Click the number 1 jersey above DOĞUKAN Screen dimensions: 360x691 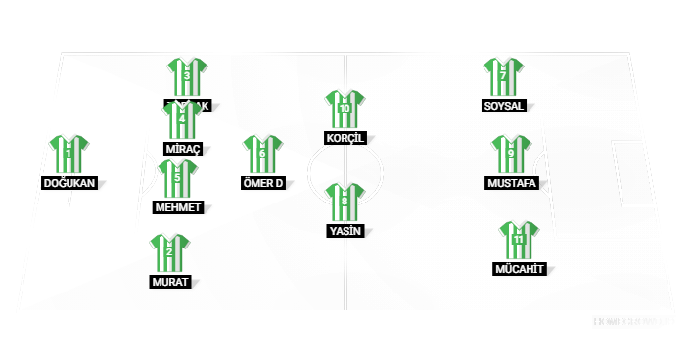[x=69, y=155]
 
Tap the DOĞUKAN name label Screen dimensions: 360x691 [x=69, y=183]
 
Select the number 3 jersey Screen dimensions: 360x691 [x=187, y=76]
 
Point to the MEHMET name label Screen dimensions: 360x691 [x=178, y=207]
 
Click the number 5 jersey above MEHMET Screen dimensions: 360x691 [x=178, y=179]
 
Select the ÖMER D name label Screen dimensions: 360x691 [x=262, y=183]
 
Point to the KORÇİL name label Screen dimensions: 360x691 [x=346, y=139]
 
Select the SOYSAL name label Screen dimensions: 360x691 [x=505, y=105]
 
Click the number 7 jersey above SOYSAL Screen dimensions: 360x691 [x=505, y=76]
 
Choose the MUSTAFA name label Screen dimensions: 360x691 [x=512, y=182]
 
